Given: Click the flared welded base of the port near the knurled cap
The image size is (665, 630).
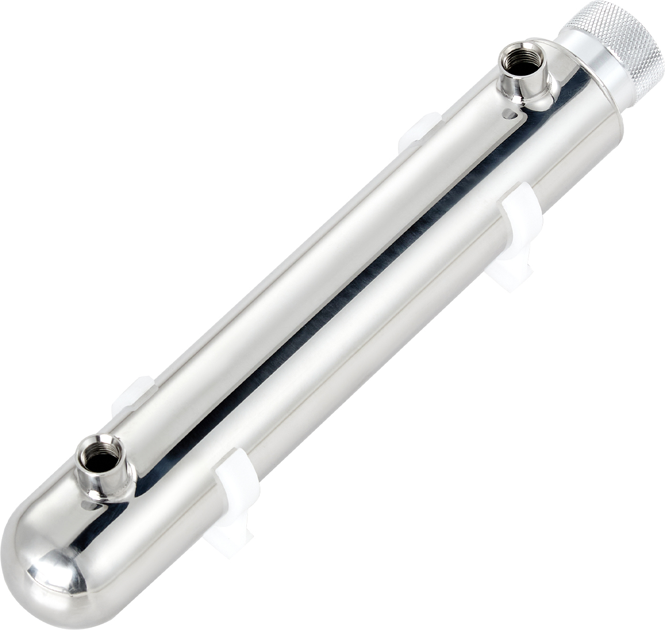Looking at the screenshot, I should coord(538,96).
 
